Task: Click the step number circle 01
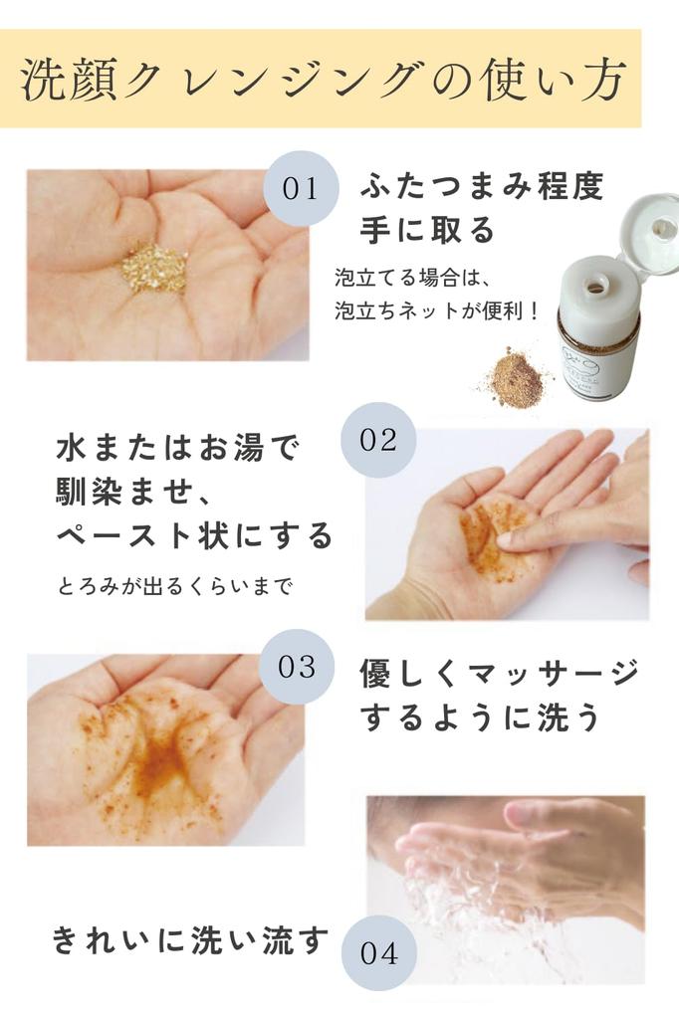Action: click(x=300, y=188)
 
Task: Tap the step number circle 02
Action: click(x=378, y=440)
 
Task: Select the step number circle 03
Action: click(x=296, y=667)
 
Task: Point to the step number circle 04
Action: click(x=378, y=953)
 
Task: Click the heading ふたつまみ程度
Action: click(x=482, y=186)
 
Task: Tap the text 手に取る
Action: click(x=427, y=231)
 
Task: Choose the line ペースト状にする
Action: click(x=194, y=536)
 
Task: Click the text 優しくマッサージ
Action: click(x=498, y=674)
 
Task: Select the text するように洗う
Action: click(x=480, y=718)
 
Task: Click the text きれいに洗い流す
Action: click(x=189, y=940)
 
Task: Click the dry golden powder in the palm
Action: click(x=154, y=268)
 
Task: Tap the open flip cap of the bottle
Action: click(x=649, y=232)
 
